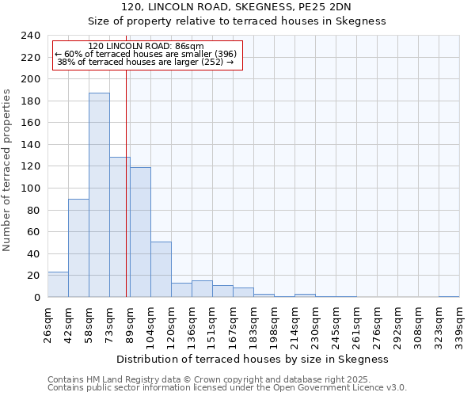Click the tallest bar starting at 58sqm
tap(99, 195)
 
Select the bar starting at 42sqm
tap(78, 248)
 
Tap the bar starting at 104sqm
tap(161, 269)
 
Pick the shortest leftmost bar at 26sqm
tap(58, 284)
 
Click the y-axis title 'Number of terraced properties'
tap(7, 169)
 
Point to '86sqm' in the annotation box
tap(190, 47)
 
